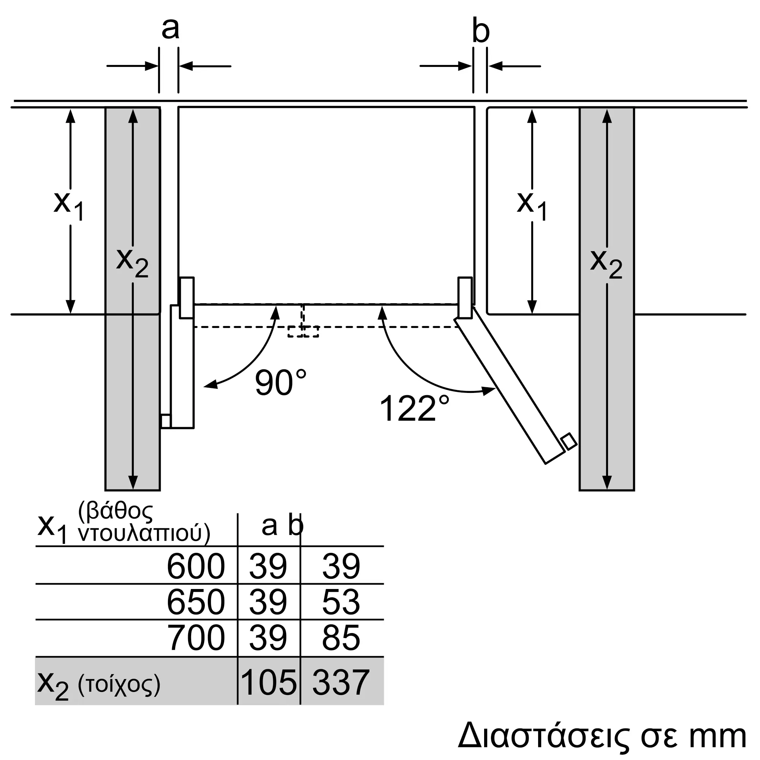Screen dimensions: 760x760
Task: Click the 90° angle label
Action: [280, 383]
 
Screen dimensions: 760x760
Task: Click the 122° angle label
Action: [414, 409]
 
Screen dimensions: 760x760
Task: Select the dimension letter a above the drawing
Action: [170, 28]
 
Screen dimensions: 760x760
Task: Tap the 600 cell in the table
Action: [195, 566]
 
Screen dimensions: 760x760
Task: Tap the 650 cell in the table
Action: [195, 602]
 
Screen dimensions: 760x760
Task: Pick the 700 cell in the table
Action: [195, 638]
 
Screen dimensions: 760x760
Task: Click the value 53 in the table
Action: [340, 602]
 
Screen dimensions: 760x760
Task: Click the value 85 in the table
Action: [340, 638]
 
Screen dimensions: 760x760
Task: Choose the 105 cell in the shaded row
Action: [269, 682]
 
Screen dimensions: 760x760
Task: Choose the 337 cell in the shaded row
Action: [340, 682]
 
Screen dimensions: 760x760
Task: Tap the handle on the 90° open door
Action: [166, 421]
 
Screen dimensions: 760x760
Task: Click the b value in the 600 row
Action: [340, 566]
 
